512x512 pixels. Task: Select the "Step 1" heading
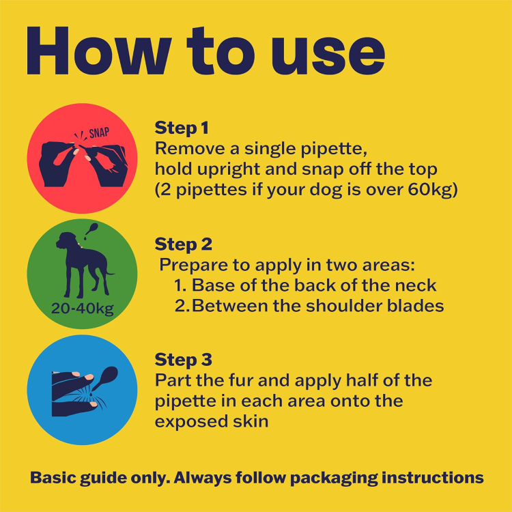pyautogui.click(x=182, y=128)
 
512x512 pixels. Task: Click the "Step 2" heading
pyautogui.click(x=183, y=244)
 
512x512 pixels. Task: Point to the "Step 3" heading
pyautogui.click(x=183, y=360)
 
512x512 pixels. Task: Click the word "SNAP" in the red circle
pyautogui.click(x=99, y=132)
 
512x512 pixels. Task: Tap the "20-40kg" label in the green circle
pyautogui.click(x=83, y=309)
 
